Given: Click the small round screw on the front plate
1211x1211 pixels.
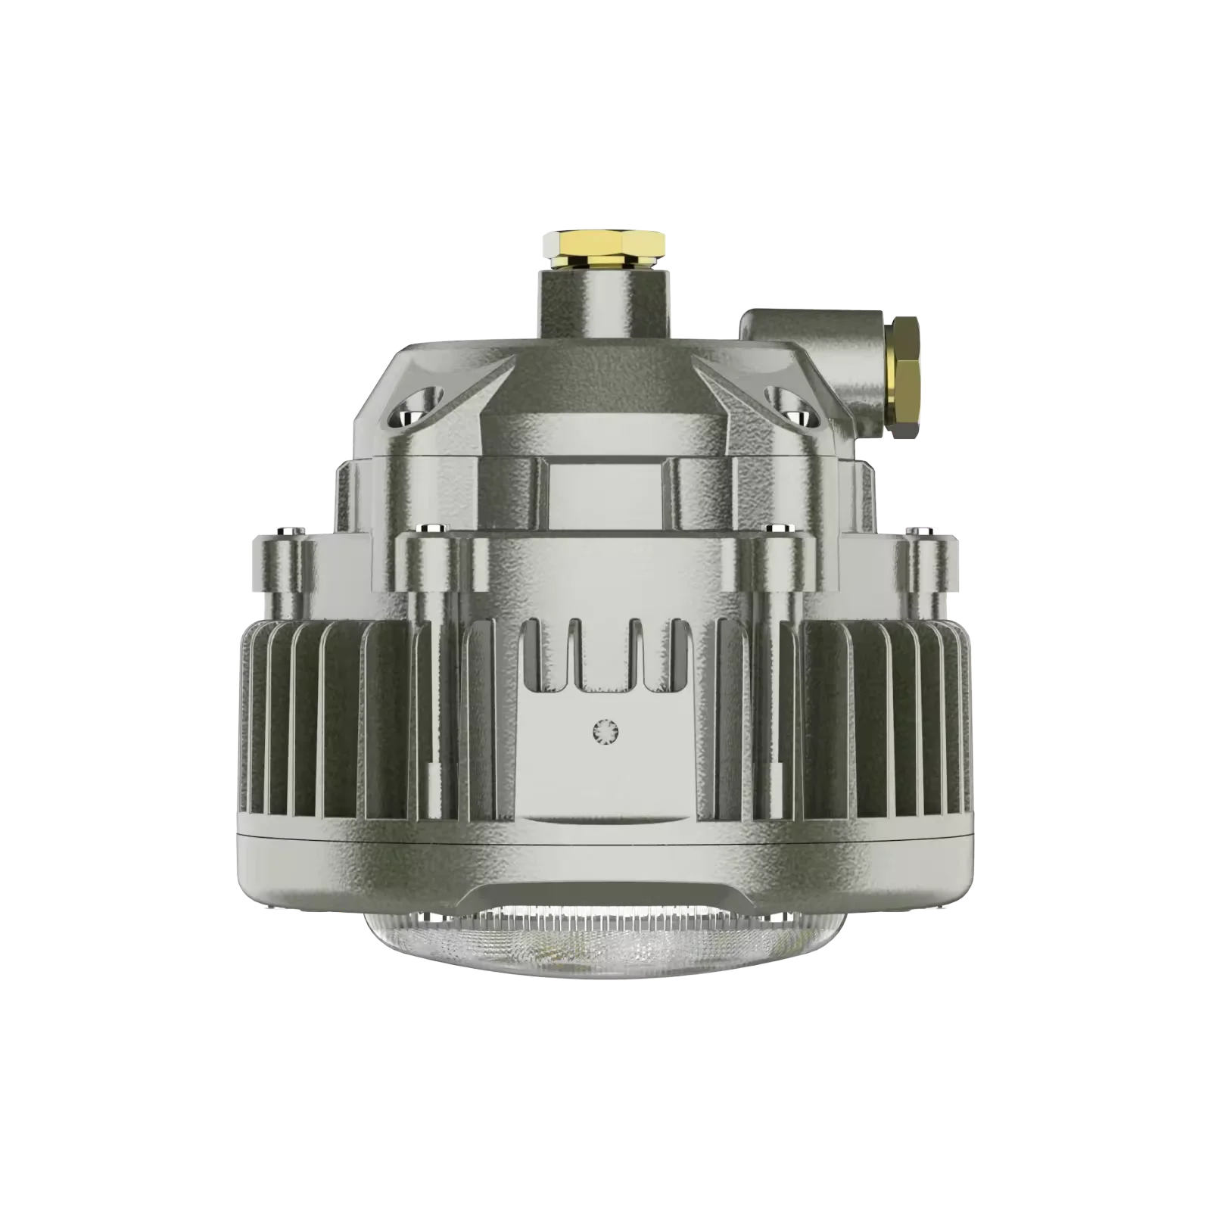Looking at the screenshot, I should click(x=606, y=730).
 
